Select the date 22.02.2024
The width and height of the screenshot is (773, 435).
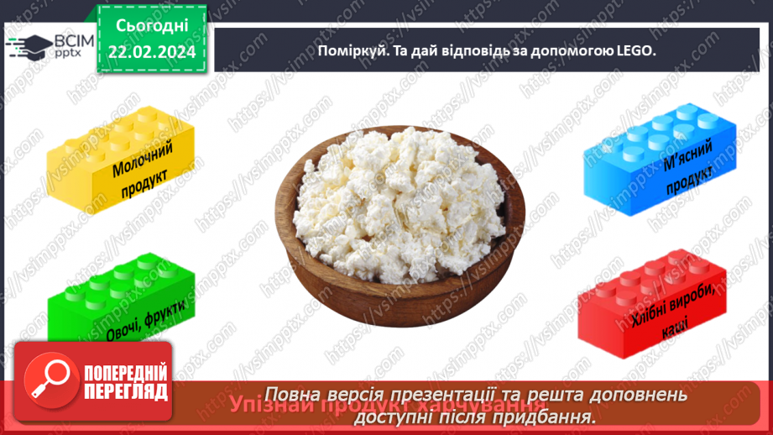[151, 53]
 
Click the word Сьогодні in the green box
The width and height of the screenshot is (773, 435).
[151, 25]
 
